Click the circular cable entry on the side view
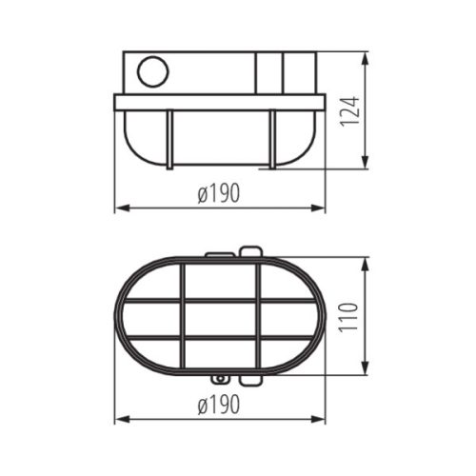[x=151, y=71]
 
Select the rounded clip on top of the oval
[x=250, y=252]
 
